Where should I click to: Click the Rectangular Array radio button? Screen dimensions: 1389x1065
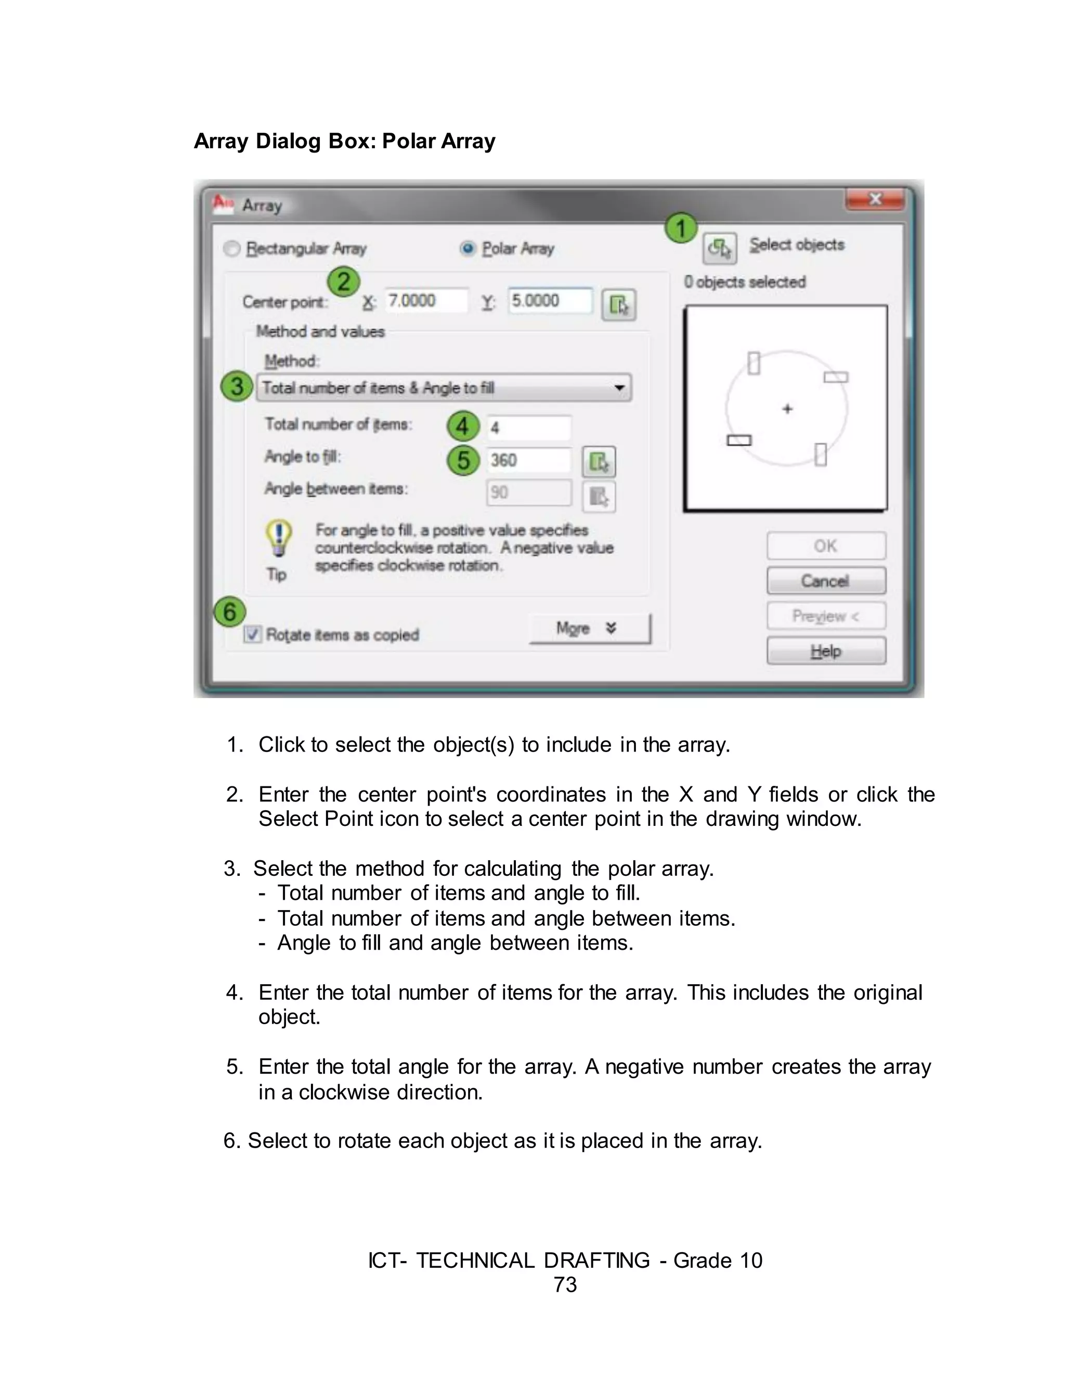point(232,249)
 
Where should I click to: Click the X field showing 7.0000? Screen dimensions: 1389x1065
point(426,301)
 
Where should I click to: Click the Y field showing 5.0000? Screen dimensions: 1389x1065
point(550,301)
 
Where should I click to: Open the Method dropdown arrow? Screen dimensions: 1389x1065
point(619,388)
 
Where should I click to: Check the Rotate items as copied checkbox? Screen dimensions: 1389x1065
point(252,634)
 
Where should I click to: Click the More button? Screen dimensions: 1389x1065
point(590,629)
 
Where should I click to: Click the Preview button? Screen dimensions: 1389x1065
point(825,616)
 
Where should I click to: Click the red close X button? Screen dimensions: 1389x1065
point(875,200)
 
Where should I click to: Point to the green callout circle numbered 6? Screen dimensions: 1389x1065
point(229,612)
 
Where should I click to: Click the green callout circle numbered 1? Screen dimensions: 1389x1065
point(681,228)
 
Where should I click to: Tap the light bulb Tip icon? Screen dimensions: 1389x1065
point(278,538)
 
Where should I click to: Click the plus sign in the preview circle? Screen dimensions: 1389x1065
point(787,409)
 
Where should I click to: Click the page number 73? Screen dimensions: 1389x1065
point(565,1284)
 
